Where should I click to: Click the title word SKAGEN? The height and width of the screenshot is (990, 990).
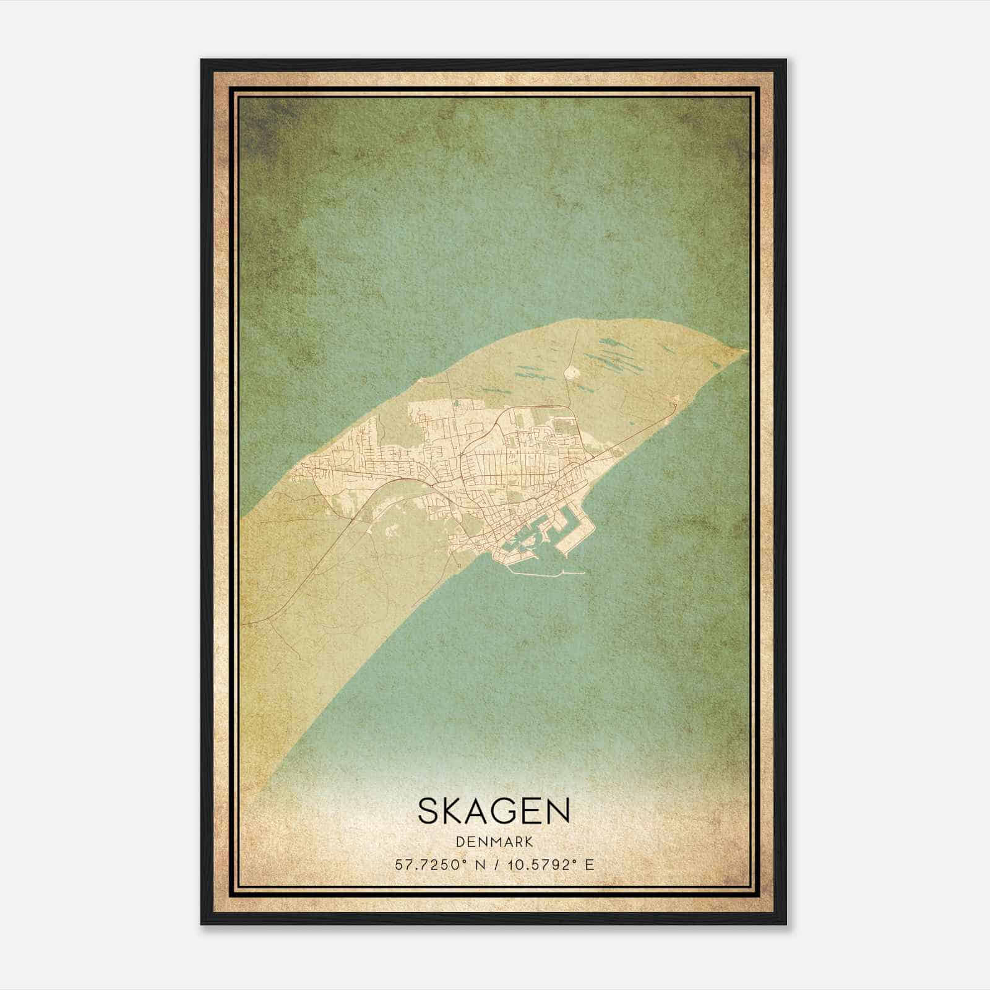[x=494, y=811]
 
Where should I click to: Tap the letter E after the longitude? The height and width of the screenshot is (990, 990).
[x=590, y=864]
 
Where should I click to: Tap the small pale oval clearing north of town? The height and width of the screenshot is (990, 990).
[x=572, y=372]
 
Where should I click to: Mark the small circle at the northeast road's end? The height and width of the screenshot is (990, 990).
[x=676, y=404]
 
